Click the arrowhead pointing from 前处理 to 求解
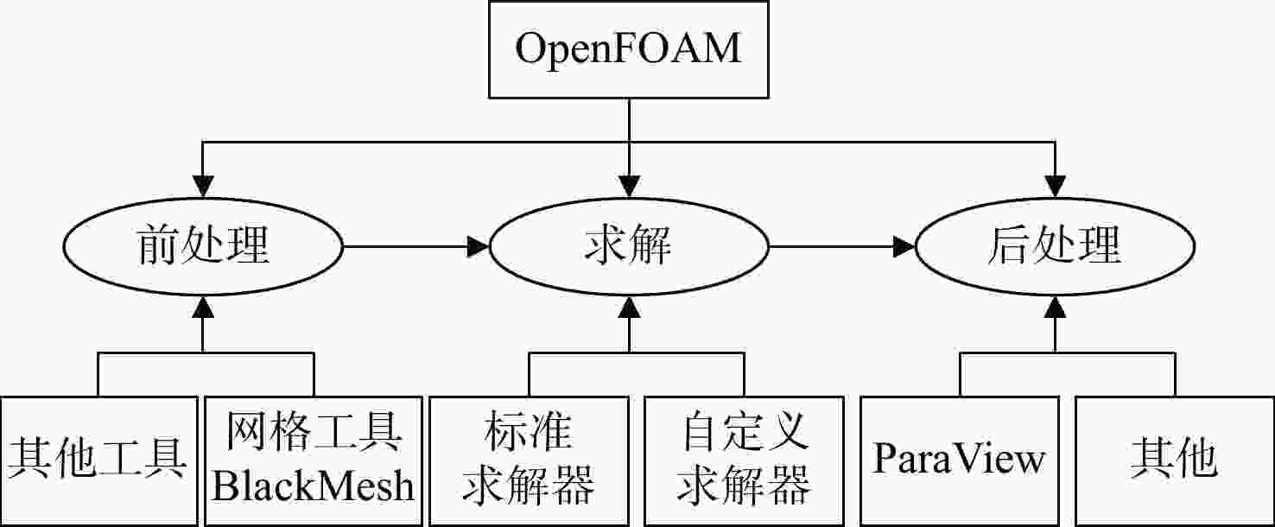(479, 246)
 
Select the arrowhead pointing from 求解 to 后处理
(904, 246)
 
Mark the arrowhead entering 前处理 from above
(203, 187)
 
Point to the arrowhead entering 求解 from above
(629, 187)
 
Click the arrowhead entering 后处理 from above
(1055, 187)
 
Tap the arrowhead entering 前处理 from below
(203, 307)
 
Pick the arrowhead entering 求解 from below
(629, 307)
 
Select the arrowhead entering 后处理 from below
(1055, 307)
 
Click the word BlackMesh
(313, 486)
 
